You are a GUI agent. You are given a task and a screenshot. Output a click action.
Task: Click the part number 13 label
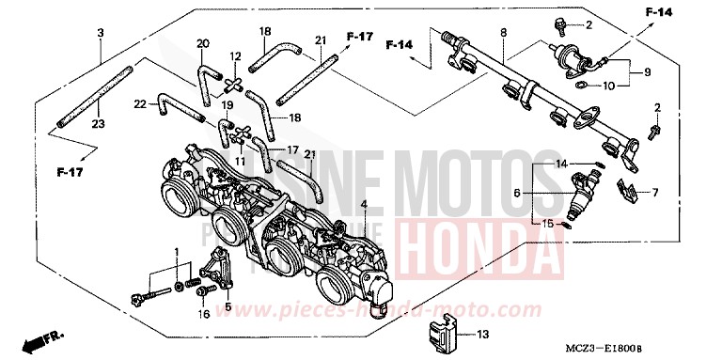[x=482, y=334]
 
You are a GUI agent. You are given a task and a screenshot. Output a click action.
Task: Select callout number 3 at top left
[x=101, y=34]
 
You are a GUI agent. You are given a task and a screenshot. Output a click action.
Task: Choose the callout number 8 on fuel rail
[x=504, y=34]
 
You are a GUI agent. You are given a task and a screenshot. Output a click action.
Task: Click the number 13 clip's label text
[x=482, y=334]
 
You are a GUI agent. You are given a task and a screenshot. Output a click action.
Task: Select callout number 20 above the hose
[x=201, y=43]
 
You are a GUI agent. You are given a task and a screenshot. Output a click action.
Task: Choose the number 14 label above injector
[x=561, y=164]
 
